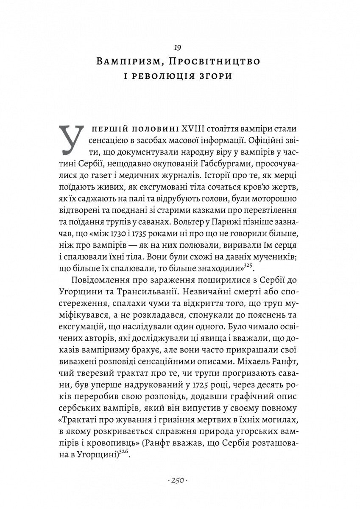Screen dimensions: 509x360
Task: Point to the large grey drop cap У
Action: click(73, 139)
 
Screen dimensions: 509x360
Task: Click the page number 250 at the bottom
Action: click(179, 481)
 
